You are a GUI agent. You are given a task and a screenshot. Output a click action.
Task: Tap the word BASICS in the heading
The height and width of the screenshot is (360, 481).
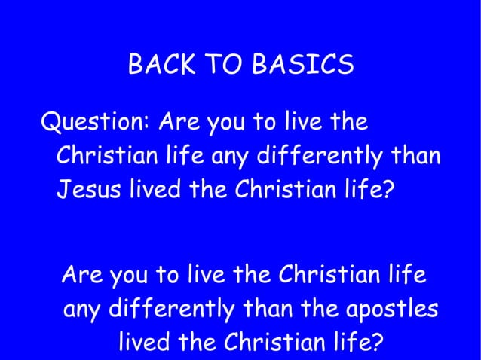(303, 66)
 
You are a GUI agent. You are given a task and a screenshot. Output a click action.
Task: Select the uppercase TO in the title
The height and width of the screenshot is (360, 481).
(220, 66)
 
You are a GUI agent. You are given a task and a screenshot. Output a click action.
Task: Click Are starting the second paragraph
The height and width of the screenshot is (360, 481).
(83, 274)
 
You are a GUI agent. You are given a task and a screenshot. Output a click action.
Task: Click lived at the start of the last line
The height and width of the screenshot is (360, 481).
(145, 343)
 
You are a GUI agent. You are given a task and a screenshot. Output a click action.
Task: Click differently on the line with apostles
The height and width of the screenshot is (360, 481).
(176, 310)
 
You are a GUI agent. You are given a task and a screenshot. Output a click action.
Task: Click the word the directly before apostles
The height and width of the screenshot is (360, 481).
(325, 309)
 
